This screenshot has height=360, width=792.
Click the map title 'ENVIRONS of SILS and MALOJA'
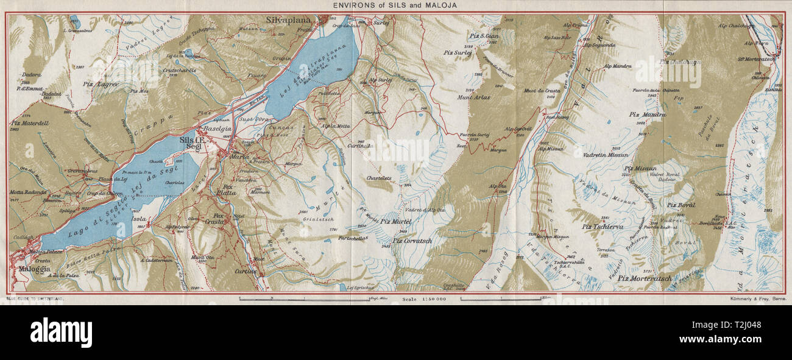pos(395,5)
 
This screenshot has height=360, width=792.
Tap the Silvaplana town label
pos(288,20)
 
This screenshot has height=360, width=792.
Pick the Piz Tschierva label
pos(604,227)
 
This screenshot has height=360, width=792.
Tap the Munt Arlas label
pos(475,96)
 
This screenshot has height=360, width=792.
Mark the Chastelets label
pos(378,178)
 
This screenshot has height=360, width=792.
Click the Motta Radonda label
pos(29,192)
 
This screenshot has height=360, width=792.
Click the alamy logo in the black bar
pos(61,333)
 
